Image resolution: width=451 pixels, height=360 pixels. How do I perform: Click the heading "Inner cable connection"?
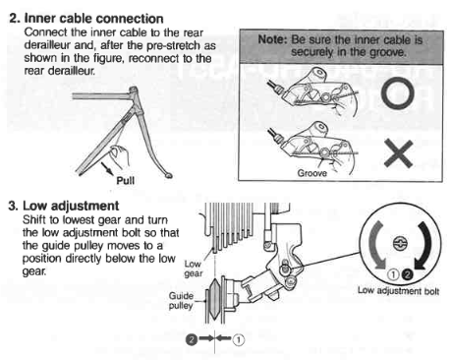pos(93,19)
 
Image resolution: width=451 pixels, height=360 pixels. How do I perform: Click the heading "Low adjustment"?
pos(71,206)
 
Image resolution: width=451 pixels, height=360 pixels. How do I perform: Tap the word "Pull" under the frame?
pos(126,180)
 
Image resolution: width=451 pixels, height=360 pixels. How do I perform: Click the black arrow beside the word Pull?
pos(107,168)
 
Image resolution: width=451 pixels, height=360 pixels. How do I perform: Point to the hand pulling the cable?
pos(119,154)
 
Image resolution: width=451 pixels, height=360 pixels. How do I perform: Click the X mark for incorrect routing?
pos(398,153)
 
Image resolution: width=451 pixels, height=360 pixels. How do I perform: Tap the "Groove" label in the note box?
pos(311,173)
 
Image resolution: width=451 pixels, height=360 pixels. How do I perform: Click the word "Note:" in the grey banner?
pos(272,39)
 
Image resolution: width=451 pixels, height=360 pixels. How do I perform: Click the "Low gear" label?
pos(194,269)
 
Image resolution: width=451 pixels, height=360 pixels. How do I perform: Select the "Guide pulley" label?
pos(181,301)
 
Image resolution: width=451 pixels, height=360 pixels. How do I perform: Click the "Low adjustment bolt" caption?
pos(398,291)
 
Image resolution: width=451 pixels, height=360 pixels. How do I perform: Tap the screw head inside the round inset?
pos(400,244)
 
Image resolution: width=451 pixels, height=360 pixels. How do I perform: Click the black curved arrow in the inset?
pos(425,245)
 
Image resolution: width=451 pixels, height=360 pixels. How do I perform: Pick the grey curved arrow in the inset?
pos(374,244)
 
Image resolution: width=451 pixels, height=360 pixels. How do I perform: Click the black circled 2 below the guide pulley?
pos(192,339)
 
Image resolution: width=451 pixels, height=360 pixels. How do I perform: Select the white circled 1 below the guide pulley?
pos(239,339)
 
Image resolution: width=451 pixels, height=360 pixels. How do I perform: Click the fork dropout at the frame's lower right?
pos(169,176)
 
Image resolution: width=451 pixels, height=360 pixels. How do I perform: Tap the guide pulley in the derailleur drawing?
pos(214,299)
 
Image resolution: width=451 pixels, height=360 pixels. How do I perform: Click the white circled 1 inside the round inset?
pos(393,274)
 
